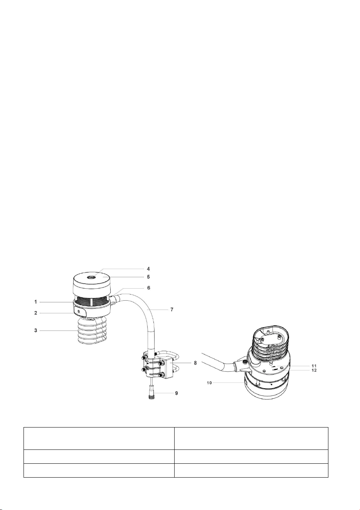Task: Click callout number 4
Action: (148, 269)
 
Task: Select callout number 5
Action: (148, 277)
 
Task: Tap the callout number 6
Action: (148, 288)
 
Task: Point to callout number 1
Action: (35, 302)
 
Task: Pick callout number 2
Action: (35, 313)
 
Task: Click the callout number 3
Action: (35, 330)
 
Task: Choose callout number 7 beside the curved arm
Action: (172, 310)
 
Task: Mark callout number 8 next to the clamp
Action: (195, 363)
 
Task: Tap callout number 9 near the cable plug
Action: (176, 393)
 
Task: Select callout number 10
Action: (209, 383)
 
